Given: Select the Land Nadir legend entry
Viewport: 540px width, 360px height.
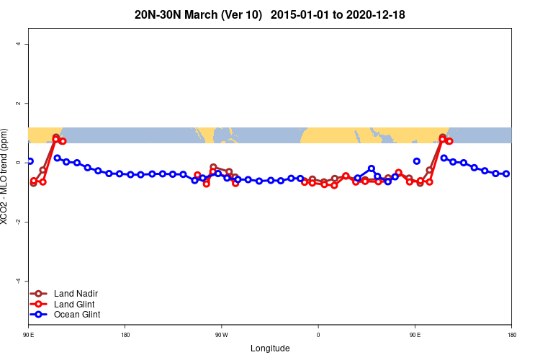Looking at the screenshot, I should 76,294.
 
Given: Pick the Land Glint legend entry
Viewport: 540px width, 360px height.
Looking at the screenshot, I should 75,304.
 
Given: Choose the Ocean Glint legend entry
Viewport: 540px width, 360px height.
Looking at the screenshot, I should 77,315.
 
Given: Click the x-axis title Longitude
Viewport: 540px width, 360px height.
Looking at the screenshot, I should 270,348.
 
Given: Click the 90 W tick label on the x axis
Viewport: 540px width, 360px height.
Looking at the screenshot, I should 221,335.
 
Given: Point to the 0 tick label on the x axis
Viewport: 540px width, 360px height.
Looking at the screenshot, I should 318,335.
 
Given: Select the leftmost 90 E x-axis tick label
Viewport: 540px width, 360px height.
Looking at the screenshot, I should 28,335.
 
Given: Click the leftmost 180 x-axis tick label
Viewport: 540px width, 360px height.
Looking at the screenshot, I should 125,335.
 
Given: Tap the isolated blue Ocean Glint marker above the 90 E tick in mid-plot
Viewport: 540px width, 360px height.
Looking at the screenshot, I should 417,161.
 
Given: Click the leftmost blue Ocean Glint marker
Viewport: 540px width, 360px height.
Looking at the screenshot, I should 30,161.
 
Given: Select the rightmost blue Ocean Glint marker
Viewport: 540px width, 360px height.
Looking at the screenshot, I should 506,174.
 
